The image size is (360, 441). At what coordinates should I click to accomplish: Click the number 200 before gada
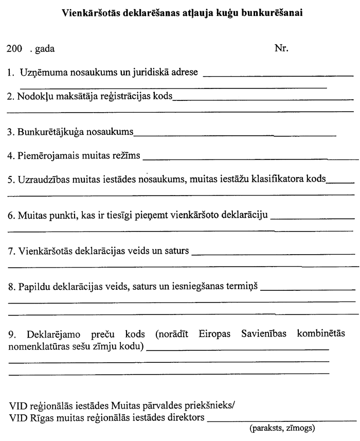click(13, 49)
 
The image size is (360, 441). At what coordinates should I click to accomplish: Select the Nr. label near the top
click(282, 49)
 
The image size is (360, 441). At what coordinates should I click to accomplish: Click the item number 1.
click(10, 73)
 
